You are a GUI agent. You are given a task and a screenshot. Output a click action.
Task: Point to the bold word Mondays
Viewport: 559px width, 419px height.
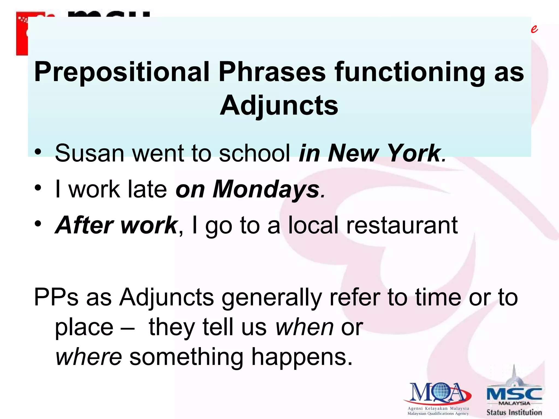tap(266, 189)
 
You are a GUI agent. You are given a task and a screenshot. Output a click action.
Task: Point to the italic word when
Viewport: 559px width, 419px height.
tap(304, 327)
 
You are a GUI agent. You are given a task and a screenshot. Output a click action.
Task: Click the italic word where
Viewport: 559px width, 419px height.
tap(88, 357)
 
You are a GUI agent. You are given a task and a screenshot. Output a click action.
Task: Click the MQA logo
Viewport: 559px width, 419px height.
tap(438, 394)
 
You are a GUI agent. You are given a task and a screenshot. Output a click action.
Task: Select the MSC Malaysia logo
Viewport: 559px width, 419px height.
tap(514, 390)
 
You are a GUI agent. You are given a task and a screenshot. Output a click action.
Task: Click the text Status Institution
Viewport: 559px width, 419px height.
tap(514, 412)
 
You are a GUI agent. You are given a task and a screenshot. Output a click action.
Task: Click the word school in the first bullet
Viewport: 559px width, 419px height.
tap(254, 153)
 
